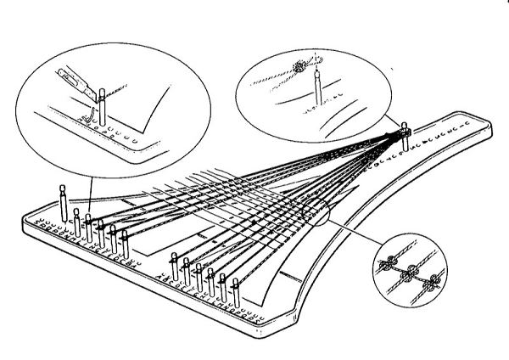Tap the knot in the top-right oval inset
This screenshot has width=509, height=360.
pos(299,66)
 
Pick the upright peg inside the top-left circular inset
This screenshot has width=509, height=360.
pos(101,105)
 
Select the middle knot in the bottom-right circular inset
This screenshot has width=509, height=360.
pos(411,273)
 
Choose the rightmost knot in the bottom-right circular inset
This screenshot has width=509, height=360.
pos(436,281)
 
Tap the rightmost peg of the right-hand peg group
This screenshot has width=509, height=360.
pos(237,291)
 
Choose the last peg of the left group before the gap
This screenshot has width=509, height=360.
pos(125,245)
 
